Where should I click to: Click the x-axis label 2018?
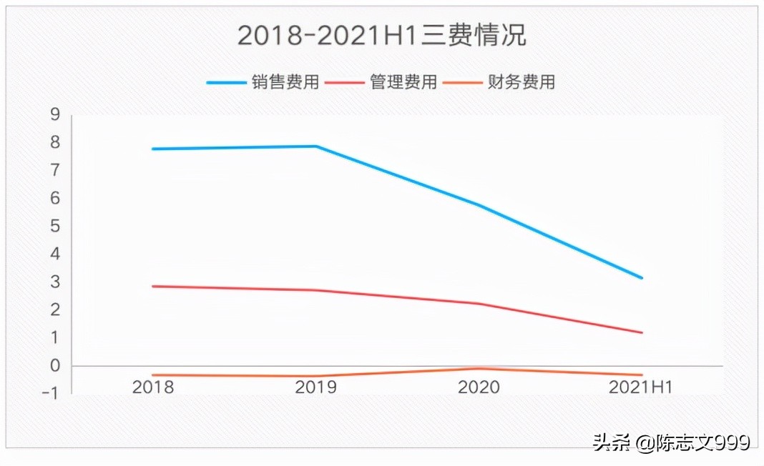coord(153,387)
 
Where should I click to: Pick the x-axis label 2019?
coord(316,387)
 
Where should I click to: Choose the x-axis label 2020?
coord(479,387)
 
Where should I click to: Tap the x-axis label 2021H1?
coord(641,387)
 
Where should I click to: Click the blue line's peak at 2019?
coord(316,147)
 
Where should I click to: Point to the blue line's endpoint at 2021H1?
coord(642,277)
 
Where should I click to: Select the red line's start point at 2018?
coord(153,286)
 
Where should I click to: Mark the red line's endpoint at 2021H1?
coord(642,332)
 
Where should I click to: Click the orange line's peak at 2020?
coord(479,369)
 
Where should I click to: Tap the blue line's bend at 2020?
coord(479,206)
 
